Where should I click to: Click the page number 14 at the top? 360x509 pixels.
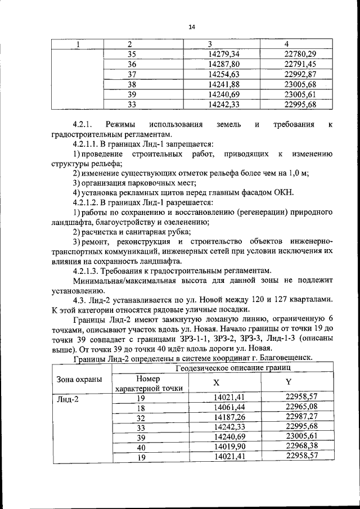pos(191,26)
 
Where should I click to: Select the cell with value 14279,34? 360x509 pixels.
pos(224,54)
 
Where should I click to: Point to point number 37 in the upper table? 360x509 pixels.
pos(132,74)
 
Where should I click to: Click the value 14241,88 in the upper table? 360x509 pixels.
pos(224,84)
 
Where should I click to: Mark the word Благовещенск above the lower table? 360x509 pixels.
pos(283,358)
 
